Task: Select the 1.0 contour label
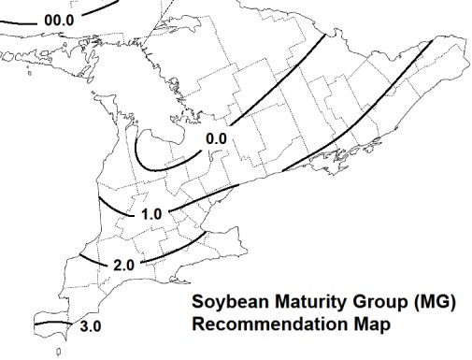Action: [x=151, y=214]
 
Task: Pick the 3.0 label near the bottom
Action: [x=91, y=325]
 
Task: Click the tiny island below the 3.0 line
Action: [x=60, y=353]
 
